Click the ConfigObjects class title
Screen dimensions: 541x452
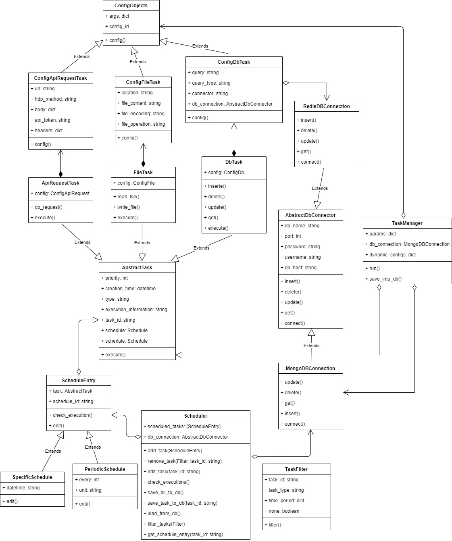(131, 6)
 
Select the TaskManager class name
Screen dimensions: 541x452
(407, 223)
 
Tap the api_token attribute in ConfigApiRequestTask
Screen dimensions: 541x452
(50, 120)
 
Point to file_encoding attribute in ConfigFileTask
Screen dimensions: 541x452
(143, 114)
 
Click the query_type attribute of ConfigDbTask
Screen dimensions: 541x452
(209, 83)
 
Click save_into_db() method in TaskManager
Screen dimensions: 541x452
(385, 279)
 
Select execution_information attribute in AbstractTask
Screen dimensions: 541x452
(136, 310)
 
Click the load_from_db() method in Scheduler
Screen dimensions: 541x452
(164, 514)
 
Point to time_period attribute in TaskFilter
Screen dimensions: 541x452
(286, 501)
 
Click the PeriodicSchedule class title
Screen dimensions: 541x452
(105, 469)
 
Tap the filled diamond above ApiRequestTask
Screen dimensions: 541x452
(60, 174)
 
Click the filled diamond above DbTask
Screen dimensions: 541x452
(234, 153)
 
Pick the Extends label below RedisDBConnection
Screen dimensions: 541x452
(320, 188)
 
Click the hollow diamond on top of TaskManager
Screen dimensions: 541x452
(403, 214)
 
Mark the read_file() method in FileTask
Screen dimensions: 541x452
(128, 197)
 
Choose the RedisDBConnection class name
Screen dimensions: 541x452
(327, 106)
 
